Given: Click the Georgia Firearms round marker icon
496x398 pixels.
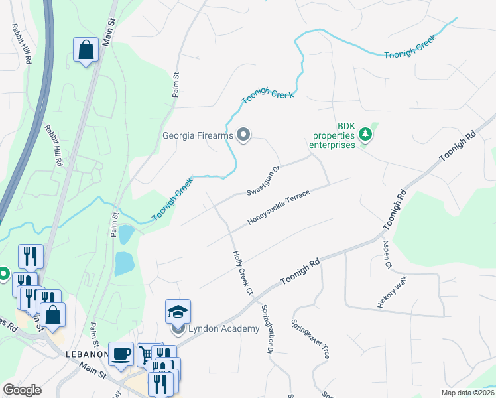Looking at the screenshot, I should click(243, 135).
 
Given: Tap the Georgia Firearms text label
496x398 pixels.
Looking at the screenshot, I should click(198, 136).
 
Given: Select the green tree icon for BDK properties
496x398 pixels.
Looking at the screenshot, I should click(364, 135).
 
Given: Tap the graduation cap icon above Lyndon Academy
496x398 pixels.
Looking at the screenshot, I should click(178, 311).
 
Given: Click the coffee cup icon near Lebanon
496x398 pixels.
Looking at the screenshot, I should click(120, 353).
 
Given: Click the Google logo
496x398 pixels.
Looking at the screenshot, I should click(21, 390).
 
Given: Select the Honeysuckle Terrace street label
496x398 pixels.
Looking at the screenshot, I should click(279, 207).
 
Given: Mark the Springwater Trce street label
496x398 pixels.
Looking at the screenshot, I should click(310, 339).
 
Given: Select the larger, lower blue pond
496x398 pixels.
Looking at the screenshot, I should click(124, 263).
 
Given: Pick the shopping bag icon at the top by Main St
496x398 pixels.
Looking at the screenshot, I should click(86, 50).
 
